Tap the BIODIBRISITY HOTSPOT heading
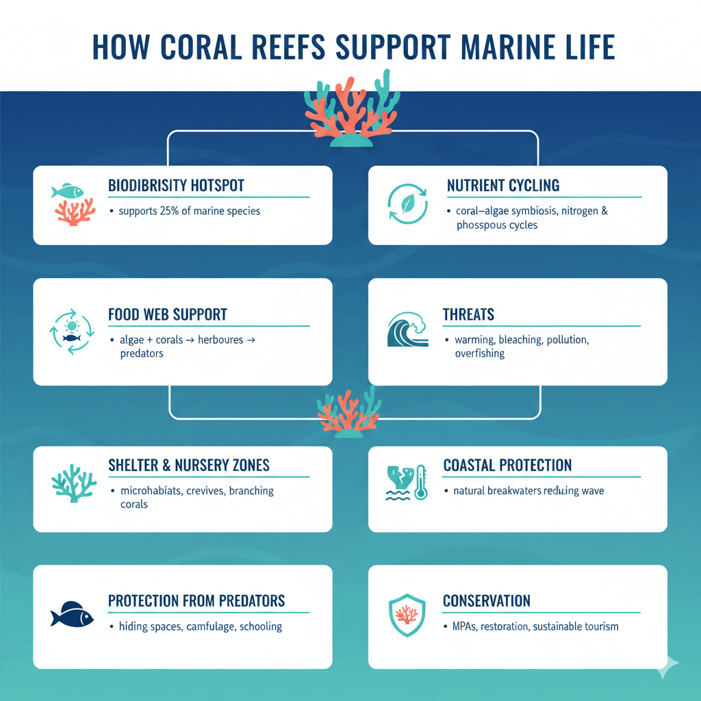[176, 186]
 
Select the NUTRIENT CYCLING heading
[503, 186]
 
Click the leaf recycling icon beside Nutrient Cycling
[407, 204]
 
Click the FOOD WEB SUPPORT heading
[168, 315]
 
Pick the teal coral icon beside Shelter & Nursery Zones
[71, 482]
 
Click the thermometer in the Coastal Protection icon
[420, 482]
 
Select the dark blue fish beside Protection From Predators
[72, 614]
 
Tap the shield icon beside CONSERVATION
[407, 614]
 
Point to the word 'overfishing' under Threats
[480, 354]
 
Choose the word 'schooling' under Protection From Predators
[260, 626]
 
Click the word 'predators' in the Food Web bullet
[141, 354]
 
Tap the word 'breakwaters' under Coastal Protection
[512, 491]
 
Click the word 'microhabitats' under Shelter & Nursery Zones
[151, 491]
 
